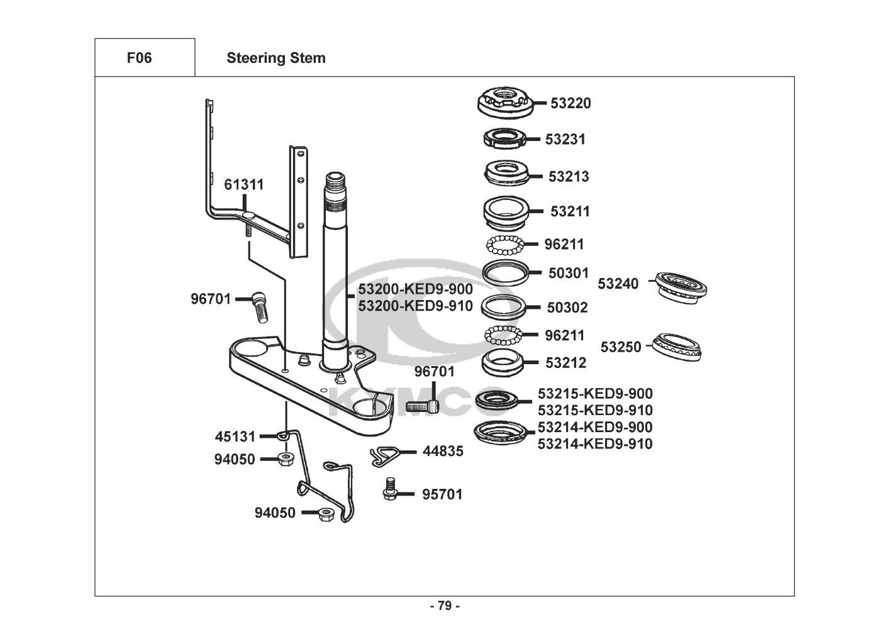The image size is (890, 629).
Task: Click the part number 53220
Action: coord(570,103)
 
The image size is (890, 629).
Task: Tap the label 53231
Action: coord(565,139)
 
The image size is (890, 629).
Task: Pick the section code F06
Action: coord(139,58)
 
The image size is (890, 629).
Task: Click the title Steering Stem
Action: coord(276,58)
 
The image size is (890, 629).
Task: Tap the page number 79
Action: coord(445,606)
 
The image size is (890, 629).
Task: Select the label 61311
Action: coord(244,185)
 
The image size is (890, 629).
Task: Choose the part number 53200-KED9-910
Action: coord(415,306)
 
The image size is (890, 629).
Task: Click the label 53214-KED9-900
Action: coord(595,427)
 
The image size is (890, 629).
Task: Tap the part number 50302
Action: coord(567,308)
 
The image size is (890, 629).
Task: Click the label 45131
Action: coord(235,436)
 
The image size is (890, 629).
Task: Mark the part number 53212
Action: coord(565,363)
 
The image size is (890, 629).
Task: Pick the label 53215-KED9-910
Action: coord(595,410)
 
